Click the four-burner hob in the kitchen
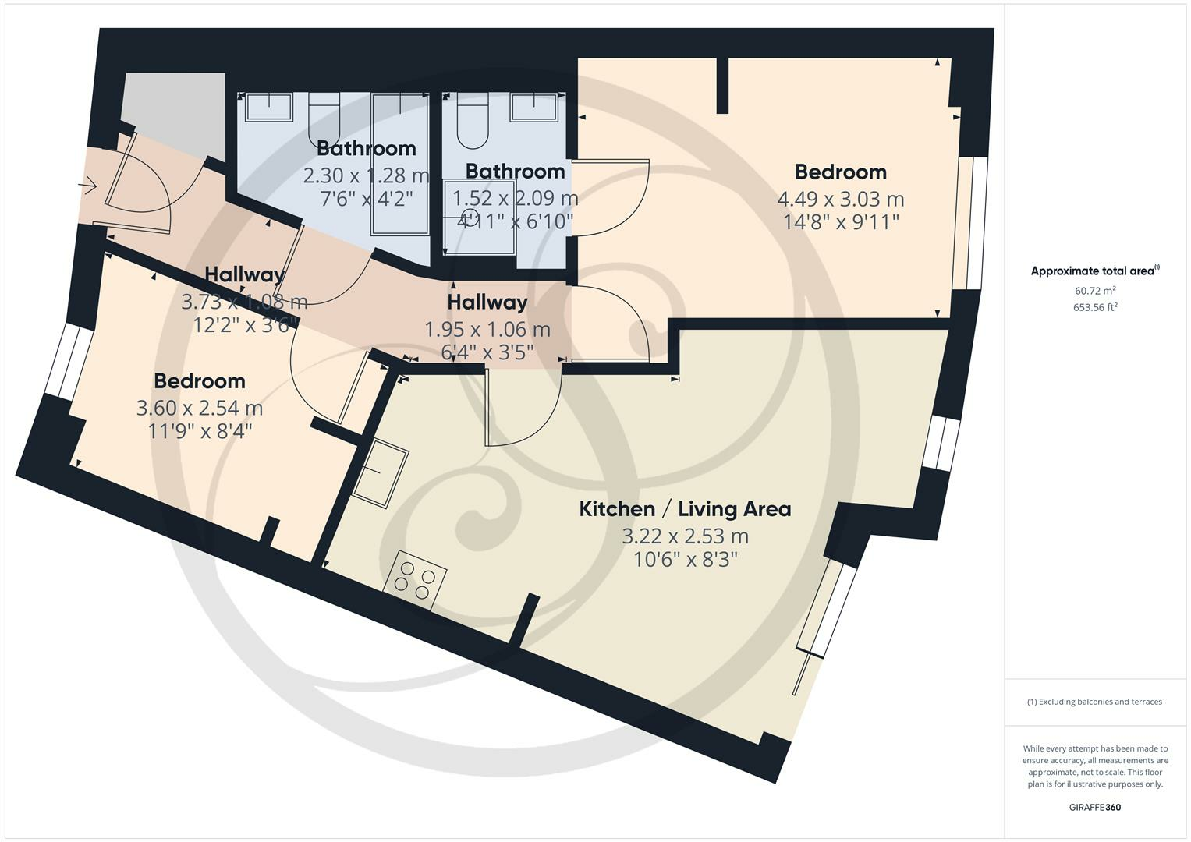(x=416, y=580)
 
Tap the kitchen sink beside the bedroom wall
(x=380, y=473)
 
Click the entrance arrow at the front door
(x=87, y=186)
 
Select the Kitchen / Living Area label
(x=685, y=509)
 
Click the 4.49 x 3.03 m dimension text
(x=841, y=199)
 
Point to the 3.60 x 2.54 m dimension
(x=200, y=408)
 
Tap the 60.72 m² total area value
(x=1095, y=291)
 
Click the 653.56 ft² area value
(x=1095, y=307)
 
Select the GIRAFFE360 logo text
(x=1094, y=808)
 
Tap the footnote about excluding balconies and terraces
(x=1094, y=702)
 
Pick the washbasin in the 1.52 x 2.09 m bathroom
(x=535, y=107)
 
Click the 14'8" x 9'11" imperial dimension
(x=841, y=221)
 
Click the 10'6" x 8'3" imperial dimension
(x=685, y=559)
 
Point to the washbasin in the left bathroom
(x=269, y=107)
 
